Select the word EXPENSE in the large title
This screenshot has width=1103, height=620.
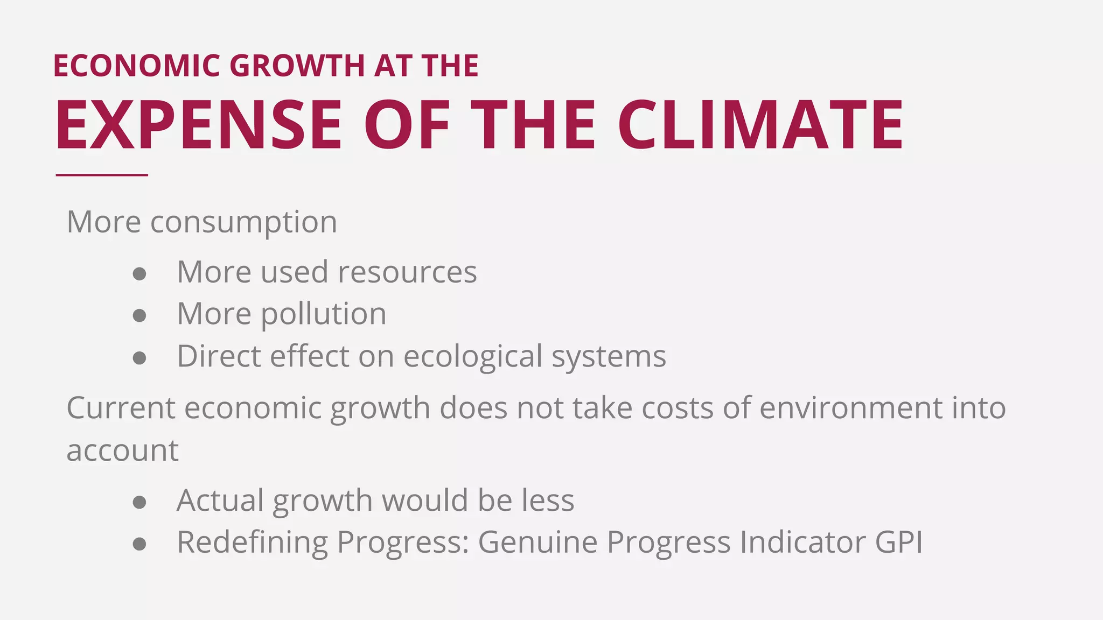[199, 125]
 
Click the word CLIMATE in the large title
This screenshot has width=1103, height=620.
[760, 125]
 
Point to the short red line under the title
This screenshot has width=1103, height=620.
[102, 175]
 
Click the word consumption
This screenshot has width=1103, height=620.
[243, 222]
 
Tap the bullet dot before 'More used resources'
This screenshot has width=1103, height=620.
[139, 273]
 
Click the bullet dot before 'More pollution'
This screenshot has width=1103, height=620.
[139, 315]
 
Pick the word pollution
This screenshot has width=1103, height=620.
[324, 314]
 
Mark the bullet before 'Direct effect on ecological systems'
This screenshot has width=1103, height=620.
[139, 358]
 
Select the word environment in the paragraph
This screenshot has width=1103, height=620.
[851, 408]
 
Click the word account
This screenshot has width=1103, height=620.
[122, 451]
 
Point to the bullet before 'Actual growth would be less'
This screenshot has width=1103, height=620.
[139, 502]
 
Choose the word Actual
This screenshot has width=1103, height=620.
[220, 501]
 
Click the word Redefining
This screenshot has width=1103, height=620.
[252, 542]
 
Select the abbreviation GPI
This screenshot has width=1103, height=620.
[899, 542]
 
